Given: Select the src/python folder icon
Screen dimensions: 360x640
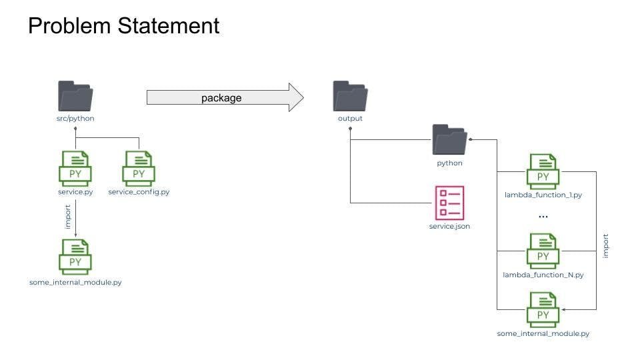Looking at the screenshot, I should click(x=75, y=97).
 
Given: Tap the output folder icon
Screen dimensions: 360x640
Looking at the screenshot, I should click(x=350, y=97).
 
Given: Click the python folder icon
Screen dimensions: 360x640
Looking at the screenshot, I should click(x=449, y=140).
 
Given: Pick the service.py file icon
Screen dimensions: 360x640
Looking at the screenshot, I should click(x=75, y=168).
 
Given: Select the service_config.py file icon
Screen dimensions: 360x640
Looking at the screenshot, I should click(x=139, y=168).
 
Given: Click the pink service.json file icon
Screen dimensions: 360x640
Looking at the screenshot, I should click(x=449, y=203).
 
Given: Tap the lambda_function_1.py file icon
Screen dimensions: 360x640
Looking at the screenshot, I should click(x=543, y=171).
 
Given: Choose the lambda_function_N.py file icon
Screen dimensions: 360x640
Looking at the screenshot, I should click(x=543, y=251).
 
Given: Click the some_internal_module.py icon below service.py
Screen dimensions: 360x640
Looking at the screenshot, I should click(x=75, y=257).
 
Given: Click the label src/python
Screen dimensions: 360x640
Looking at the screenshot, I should click(x=75, y=119).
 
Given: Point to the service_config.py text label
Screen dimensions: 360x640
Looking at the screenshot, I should click(x=139, y=192).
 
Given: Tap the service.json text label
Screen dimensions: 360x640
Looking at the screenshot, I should click(x=449, y=227).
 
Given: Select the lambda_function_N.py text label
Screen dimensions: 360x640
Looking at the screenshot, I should click(x=543, y=275).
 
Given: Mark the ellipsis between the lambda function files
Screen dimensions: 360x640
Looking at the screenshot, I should click(x=543, y=217).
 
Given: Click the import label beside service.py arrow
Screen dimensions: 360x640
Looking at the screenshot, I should click(x=67, y=217).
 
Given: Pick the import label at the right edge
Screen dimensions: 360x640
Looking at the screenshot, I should click(x=605, y=245).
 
